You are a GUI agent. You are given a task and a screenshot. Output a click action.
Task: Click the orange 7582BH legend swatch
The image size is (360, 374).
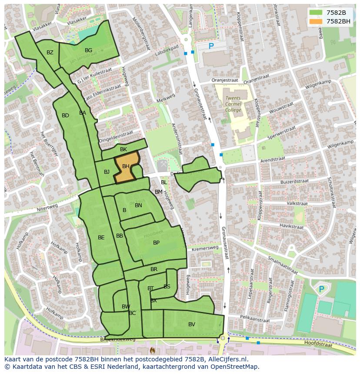(316, 21)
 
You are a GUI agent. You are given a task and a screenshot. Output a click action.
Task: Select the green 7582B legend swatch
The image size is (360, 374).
(316, 13)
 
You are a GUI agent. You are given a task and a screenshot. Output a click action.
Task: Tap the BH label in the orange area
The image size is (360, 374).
(126, 166)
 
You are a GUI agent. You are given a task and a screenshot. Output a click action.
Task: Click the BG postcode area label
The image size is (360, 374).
(88, 50)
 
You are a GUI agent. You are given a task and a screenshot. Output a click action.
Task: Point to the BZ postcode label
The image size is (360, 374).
(50, 53)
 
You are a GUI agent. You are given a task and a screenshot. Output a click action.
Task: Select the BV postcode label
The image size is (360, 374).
(192, 324)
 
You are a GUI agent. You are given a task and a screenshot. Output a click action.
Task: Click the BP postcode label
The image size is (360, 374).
(156, 243)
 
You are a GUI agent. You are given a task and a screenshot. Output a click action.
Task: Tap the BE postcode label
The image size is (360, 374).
(101, 238)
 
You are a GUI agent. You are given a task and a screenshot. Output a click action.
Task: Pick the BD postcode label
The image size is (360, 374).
(65, 116)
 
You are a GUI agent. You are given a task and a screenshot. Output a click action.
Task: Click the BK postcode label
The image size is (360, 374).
(123, 149)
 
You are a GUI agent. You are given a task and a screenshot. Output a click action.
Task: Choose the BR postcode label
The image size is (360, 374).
(154, 269)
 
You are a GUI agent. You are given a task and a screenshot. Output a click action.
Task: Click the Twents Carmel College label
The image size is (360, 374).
(233, 104)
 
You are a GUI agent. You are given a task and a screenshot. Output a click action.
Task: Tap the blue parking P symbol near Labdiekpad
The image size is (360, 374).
(211, 46)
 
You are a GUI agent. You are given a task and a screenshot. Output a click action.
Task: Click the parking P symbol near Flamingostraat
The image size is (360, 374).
(321, 289)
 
